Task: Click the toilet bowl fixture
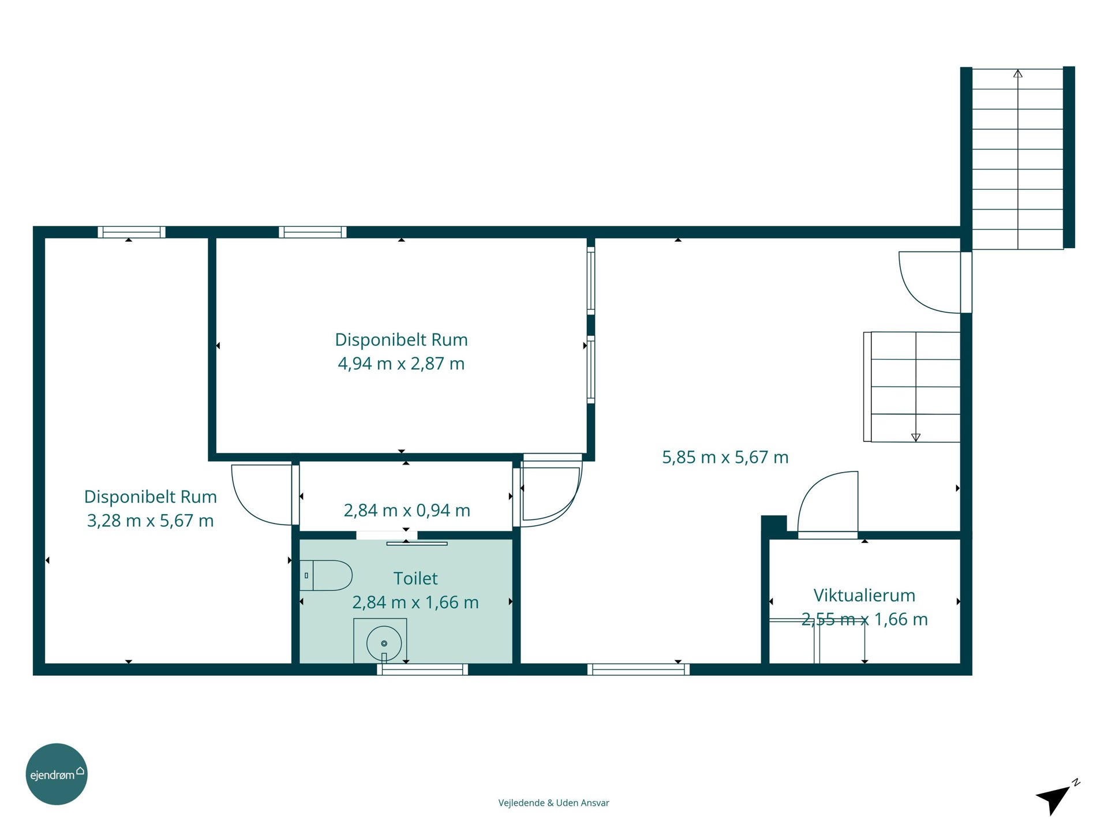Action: point(325,575)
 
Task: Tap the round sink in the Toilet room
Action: point(384,643)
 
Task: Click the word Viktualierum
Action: point(864,595)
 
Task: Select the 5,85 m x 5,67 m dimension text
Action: point(725,457)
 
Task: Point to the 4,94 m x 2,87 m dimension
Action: point(401,364)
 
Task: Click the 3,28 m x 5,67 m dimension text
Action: point(150,521)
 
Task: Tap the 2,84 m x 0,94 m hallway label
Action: point(407,510)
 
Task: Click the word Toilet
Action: point(415,578)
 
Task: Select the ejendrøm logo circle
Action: point(57,774)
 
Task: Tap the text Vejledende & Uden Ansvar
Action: point(553,803)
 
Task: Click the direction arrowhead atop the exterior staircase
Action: point(1018,73)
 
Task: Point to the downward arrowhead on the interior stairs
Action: point(916,437)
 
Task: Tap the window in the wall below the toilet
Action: point(422,669)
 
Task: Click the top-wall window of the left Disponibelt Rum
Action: point(132,232)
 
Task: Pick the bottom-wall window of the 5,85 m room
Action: point(638,669)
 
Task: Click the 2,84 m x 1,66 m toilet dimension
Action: point(415,602)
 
